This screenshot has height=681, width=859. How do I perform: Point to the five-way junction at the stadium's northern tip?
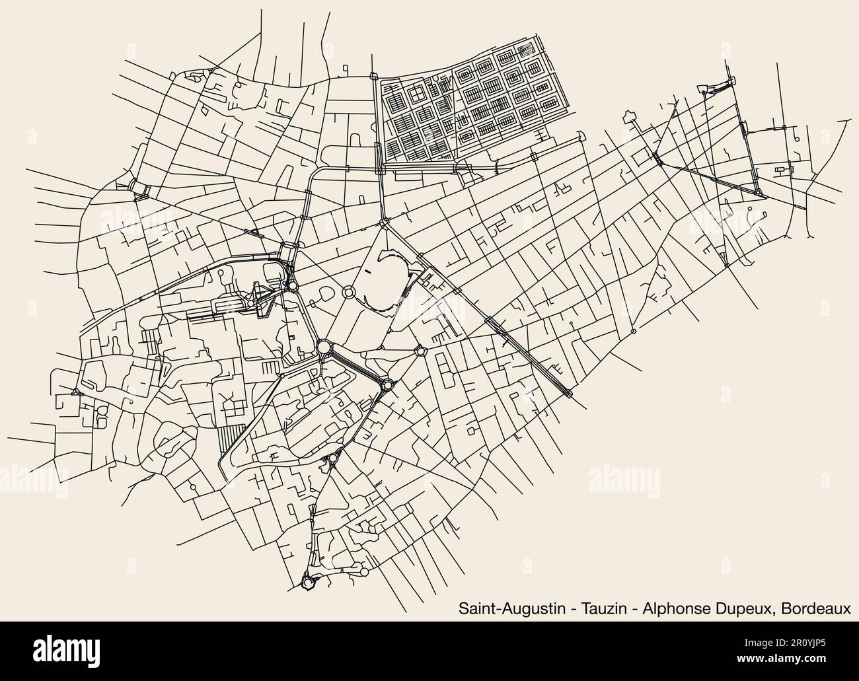point(383,225)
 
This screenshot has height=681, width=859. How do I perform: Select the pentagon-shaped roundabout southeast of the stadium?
point(419,351)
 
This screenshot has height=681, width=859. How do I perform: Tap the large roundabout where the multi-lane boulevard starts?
point(324,347)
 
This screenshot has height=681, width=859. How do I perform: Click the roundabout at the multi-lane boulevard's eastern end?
point(386,384)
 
